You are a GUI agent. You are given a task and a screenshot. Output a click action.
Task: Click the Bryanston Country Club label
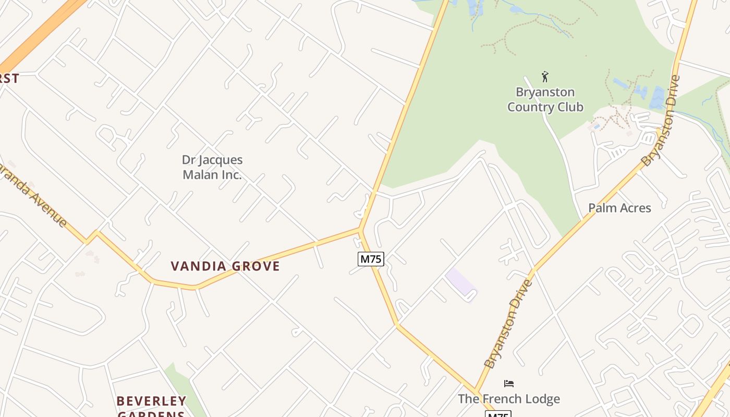tap(545, 100)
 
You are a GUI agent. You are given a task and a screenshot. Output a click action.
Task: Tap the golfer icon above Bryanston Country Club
tap(545, 77)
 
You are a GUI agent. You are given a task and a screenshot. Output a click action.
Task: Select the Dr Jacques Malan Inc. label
tap(212, 167)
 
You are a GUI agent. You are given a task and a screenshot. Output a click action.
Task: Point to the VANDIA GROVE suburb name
tap(225, 266)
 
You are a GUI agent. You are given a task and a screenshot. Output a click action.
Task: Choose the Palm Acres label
tap(619, 208)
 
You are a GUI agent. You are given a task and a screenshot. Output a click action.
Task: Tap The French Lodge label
tap(509, 399)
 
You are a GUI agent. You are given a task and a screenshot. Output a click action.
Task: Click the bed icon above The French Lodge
tap(509, 384)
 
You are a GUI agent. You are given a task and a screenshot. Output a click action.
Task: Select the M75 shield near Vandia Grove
tap(371, 259)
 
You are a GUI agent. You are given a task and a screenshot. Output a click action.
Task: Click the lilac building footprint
tap(461, 284)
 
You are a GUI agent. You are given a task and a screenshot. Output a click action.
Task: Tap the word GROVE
tap(256, 266)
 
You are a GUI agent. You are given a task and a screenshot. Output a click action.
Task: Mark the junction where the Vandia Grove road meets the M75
tap(360, 229)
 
